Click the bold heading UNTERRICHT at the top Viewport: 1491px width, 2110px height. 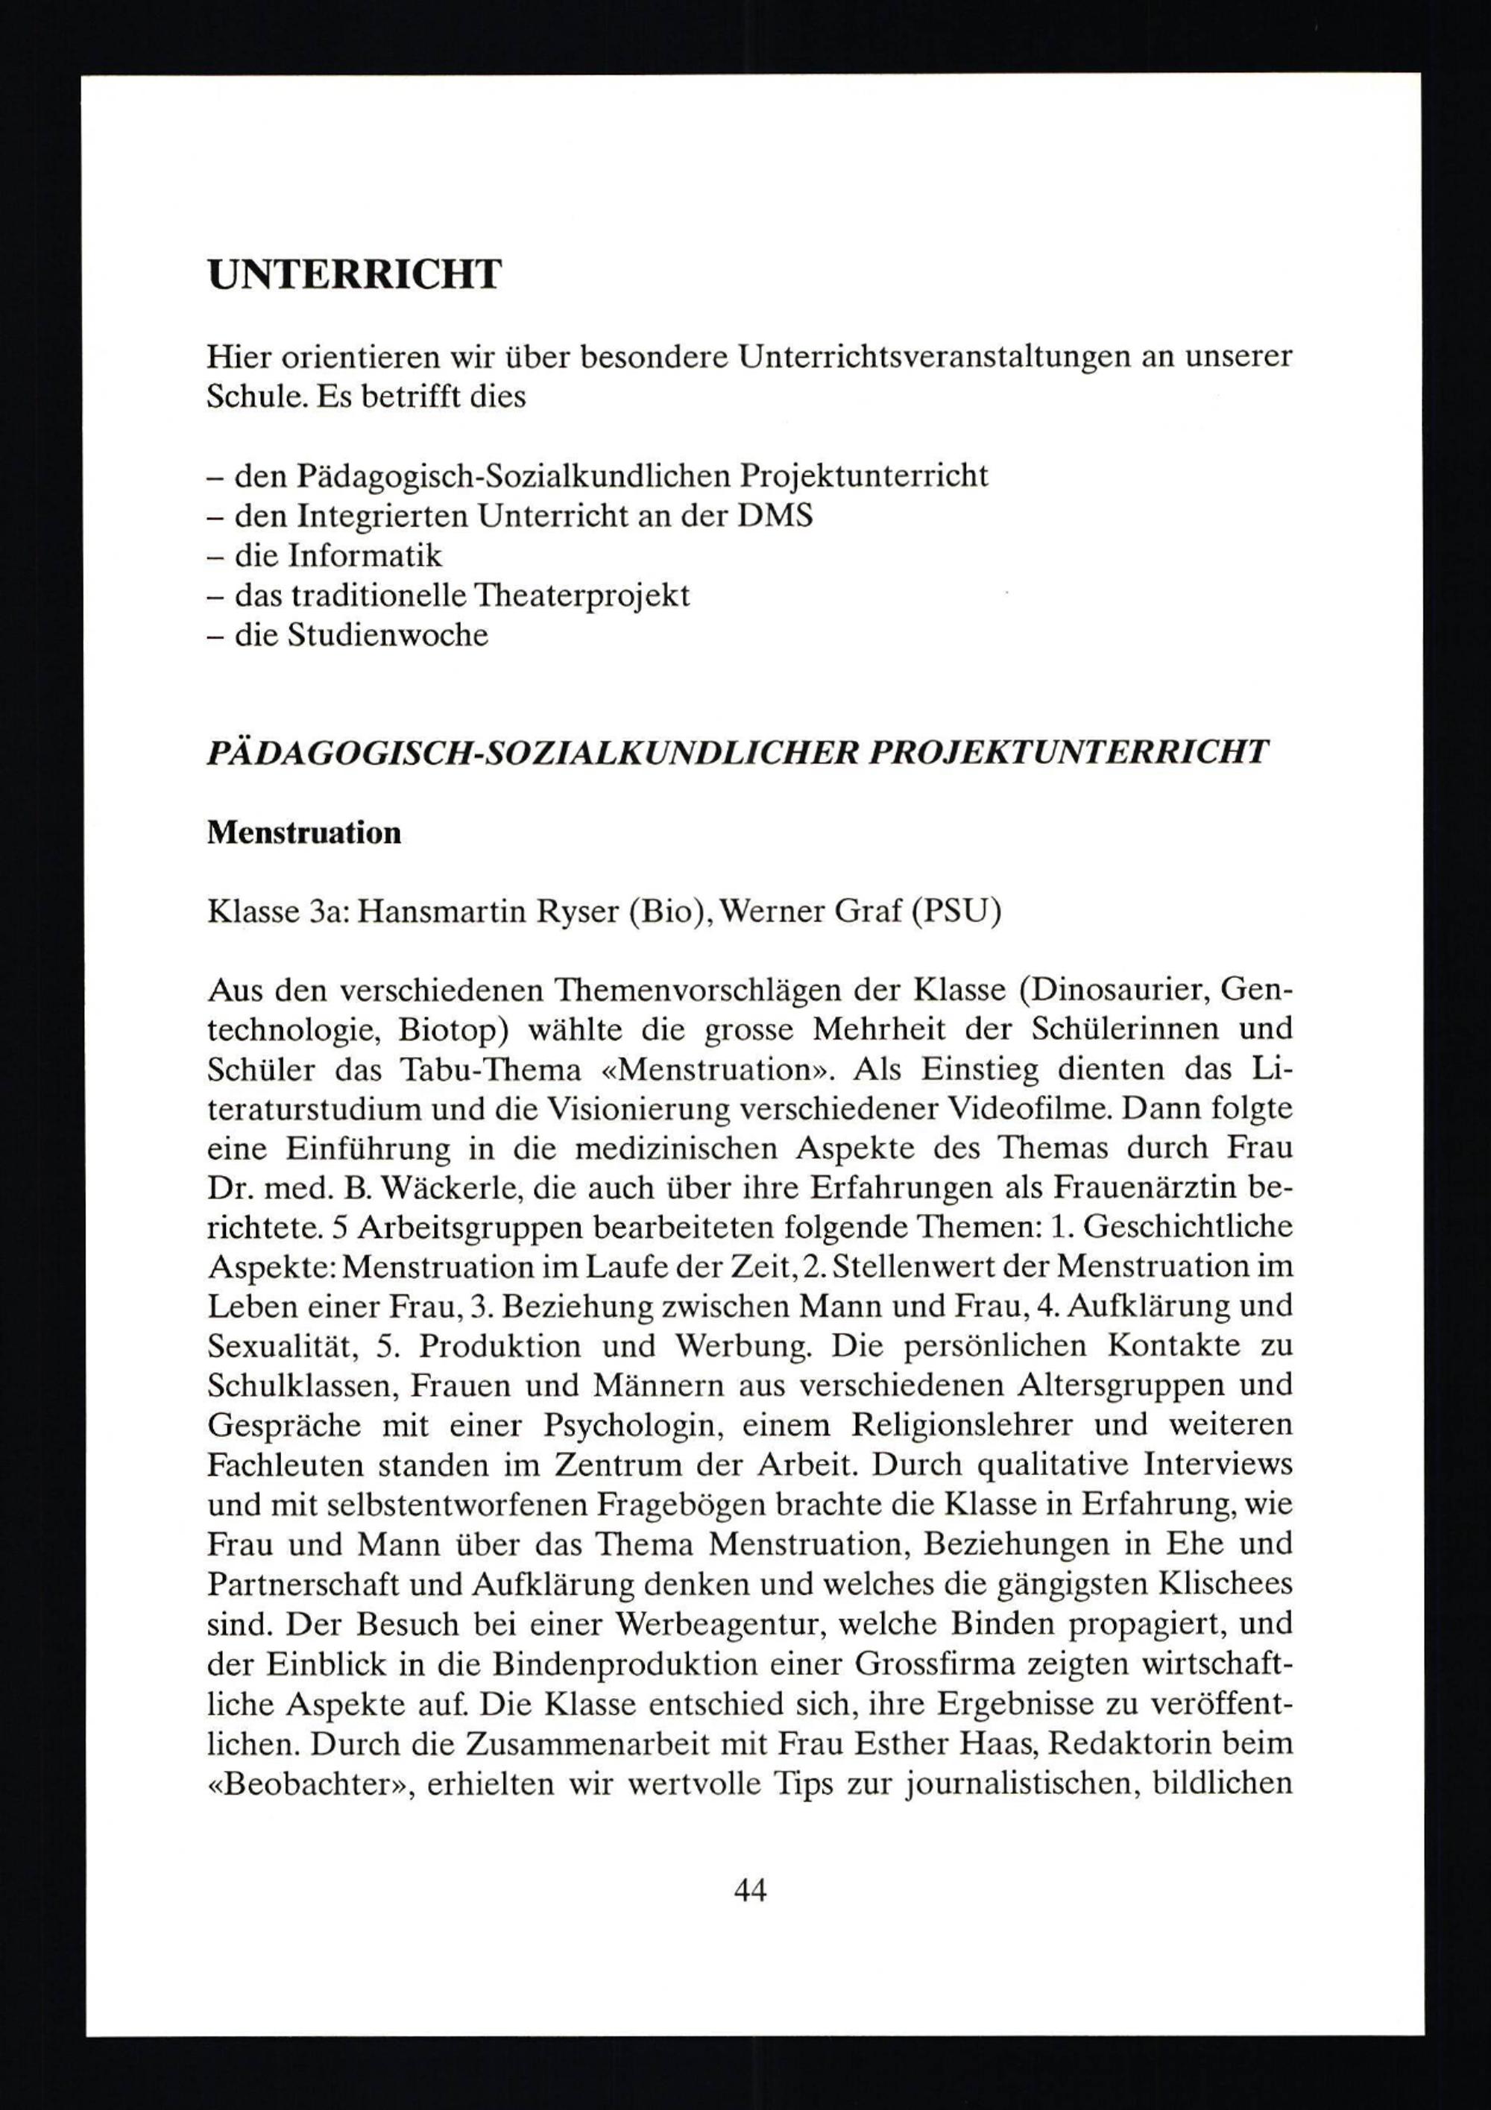click(x=355, y=275)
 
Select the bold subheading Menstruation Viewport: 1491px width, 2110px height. click(x=304, y=833)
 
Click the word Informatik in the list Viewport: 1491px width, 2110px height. click(x=365, y=555)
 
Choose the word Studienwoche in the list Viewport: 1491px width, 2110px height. click(x=387, y=635)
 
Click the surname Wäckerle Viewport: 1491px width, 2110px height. click(x=447, y=1188)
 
